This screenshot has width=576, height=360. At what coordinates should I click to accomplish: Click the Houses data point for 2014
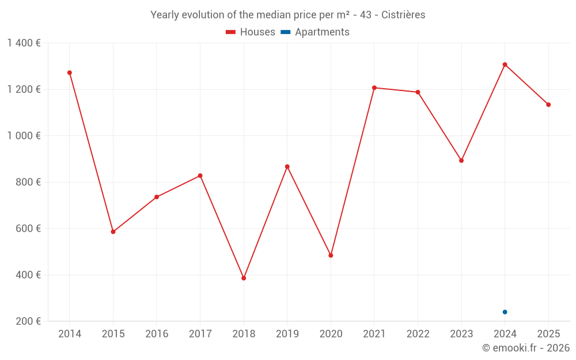70,73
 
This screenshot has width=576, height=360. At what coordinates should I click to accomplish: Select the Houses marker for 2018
244,278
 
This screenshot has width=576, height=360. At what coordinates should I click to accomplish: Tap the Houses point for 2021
374,88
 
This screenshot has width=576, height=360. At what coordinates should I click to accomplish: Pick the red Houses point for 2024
505,65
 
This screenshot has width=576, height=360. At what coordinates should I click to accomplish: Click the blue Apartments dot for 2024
505,312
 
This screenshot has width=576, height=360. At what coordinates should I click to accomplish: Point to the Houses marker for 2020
331,255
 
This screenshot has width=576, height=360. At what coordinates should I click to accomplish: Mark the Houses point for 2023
461,161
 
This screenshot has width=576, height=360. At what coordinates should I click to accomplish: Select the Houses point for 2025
548,104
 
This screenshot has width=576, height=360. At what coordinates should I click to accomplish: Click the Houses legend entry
251,32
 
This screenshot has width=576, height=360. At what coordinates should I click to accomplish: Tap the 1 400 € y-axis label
24,43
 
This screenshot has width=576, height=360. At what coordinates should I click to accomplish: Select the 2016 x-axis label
157,334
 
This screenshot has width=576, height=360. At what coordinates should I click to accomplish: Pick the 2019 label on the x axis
287,334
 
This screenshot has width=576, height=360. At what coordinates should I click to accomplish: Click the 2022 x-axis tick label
418,334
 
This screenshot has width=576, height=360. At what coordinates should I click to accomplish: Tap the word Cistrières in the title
403,15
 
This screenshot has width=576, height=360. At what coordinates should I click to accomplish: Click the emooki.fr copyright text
526,348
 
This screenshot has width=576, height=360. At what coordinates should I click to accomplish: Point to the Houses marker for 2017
200,176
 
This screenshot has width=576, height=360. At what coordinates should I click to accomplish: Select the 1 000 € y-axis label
24,136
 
